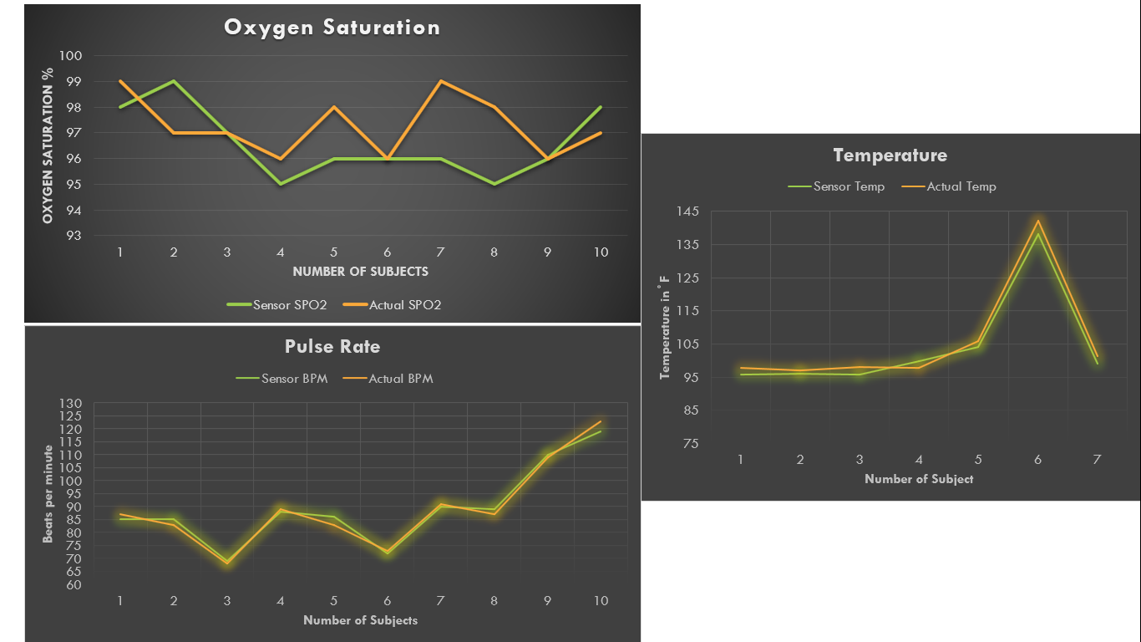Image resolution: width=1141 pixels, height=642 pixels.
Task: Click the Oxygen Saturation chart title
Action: (x=332, y=28)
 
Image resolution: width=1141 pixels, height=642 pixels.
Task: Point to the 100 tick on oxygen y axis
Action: (x=71, y=56)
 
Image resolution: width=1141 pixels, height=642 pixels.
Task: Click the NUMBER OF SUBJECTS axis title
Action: (x=360, y=272)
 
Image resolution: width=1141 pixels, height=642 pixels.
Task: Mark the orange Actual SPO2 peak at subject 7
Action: (x=440, y=81)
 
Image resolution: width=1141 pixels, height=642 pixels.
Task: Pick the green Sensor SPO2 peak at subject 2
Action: (x=174, y=81)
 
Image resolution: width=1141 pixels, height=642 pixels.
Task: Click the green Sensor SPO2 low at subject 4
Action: (x=281, y=184)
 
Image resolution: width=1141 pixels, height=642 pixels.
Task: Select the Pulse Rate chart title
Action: (x=332, y=346)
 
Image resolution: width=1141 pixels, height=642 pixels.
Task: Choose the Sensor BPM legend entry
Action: (x=283, y=379)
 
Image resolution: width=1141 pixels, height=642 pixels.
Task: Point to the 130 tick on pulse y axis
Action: (x=71, y=404)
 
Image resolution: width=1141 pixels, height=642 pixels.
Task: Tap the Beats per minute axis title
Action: (x=48, y=493)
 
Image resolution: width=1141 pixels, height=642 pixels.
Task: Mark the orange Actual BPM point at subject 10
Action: (x=601, y=421)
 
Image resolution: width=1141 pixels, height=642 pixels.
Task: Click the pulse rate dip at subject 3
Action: (x=227, y=563)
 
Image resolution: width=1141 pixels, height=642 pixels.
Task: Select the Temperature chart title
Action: (x=890, y=155)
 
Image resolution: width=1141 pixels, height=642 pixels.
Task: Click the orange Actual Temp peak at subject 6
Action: (x=1037, y=221)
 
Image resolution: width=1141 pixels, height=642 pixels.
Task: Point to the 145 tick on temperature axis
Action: (x=687, y=211)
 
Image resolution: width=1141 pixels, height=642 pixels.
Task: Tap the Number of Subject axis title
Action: (x=919, y=479)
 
